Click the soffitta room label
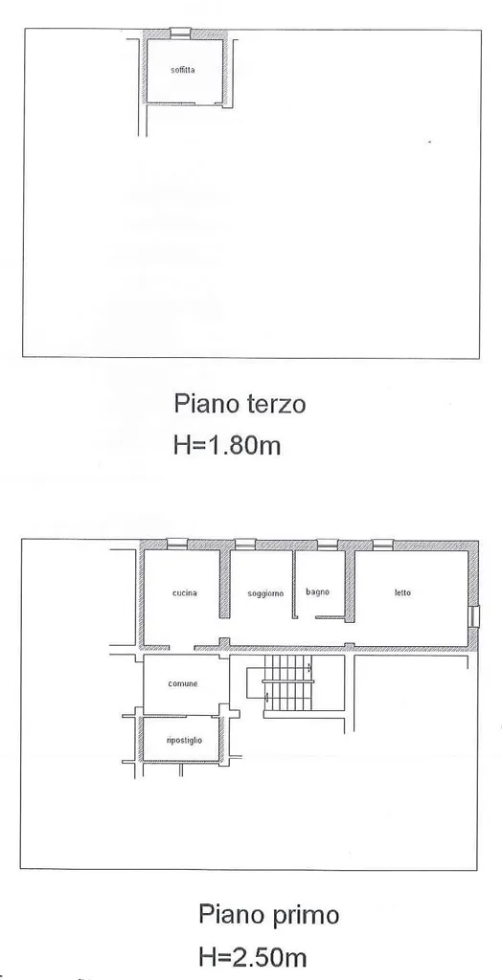pyautogui.click(x=183, y=70)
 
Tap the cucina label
pyautogui.click(x=185, y=593)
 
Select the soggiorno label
pyautogui.click(x=265, y=593)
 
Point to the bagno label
pyautogui.click(x=317, y=592)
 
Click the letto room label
pyautogui.click(x=402, y=592)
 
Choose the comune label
pyautogui.click(x=183, y=683)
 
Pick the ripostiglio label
pyautogui.click(x=185, y=741)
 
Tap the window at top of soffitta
pyautogui.click(x=180, y=32)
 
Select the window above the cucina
pyautogui.click(x=178, y=544)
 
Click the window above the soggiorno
pyautogui.click(x=245, y=544)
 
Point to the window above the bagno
pyautogui.click(x=328, y=545)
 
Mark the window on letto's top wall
pyautogui.click(x=382, y=545)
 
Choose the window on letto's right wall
pyautogui.click(x=474, y=615)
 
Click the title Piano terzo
pyautogui.click(x=240, y=404)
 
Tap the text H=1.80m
pyautogui.click(x=227, y=445)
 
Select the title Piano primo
pyautogui.click(x=269, y=915)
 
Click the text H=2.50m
pyautogui.click(x=253, y=956)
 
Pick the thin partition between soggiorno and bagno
pyautogui.click(x=294, y=585)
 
